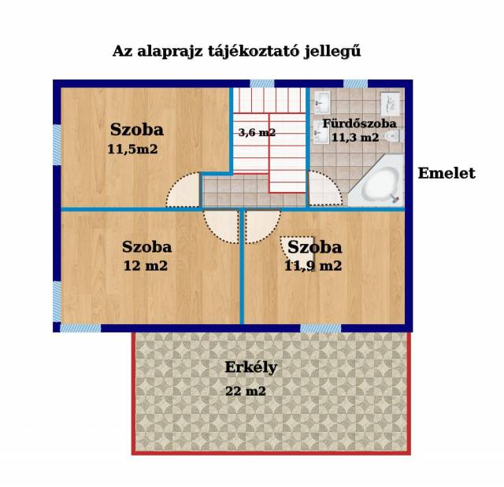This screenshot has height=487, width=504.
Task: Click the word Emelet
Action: (447, 173)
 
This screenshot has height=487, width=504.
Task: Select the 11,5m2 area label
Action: (132, 149)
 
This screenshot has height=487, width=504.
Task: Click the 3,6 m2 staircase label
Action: (258, 132)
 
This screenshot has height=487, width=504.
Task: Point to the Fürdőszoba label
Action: (359, 124)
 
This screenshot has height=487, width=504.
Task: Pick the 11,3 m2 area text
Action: (355, 138)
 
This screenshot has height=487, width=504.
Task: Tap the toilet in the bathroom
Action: (392, 136)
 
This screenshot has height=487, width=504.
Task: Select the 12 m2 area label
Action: (146, 266)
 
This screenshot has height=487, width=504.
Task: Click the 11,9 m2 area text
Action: (313, 266)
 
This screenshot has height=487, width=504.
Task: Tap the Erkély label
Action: (250, 368)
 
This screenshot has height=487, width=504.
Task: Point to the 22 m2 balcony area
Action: (246, 391)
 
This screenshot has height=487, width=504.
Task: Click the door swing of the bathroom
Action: (325, 189)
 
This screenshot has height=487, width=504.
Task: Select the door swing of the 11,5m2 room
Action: (183, 190)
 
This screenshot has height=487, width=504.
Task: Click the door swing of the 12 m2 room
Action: (221, 226)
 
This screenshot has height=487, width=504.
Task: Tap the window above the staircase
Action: (262, 83)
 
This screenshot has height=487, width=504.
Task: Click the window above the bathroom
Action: (355, 83)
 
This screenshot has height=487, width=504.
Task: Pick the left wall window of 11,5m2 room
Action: (57, 145)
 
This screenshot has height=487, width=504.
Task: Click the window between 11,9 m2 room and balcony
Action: (321, 328)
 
